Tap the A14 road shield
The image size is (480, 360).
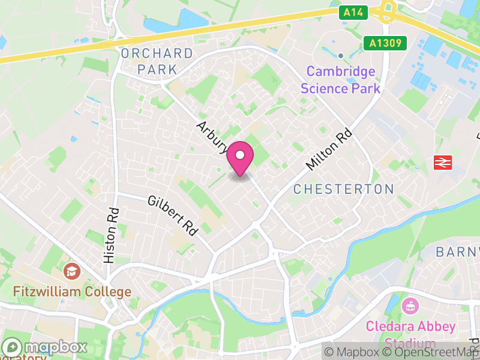point(353,12)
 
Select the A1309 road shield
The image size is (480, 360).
point(385,43)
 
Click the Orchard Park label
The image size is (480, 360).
point(157,61)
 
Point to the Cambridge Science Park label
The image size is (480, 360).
point(341,80)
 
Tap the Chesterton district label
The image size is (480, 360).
point(343,189)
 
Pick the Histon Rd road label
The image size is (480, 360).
point(112,236)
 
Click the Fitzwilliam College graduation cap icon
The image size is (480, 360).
point(72,271)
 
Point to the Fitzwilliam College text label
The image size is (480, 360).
point(72,292)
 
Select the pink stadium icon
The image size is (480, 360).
point(410,305)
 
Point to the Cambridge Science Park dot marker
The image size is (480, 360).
point(340,55)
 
